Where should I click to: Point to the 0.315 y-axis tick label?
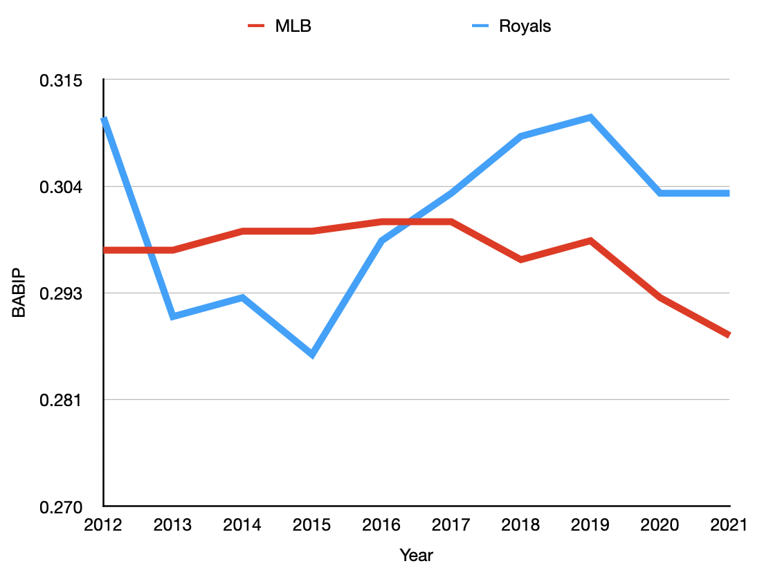(60, 80)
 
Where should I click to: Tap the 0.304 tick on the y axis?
(60, 187)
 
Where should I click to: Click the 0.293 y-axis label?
(60, 293)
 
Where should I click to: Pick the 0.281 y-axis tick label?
(60, 400)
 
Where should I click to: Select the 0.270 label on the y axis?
(60, 506)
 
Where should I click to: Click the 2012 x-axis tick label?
(102, 526)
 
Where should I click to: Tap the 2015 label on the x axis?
(311, 526)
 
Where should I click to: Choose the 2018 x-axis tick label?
(520, 526)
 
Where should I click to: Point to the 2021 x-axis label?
(728, 526)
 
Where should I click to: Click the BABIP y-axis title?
(19, 293)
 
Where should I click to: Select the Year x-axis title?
(416, 555)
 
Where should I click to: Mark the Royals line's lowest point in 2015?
(312, 355)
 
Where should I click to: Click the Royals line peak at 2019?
(590, 118)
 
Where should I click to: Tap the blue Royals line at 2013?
(173, 316)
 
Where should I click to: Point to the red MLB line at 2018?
(520, 259)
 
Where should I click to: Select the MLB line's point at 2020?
(660, 297)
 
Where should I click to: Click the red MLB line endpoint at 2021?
(728, 335)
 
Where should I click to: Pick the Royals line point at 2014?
(242, 297)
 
